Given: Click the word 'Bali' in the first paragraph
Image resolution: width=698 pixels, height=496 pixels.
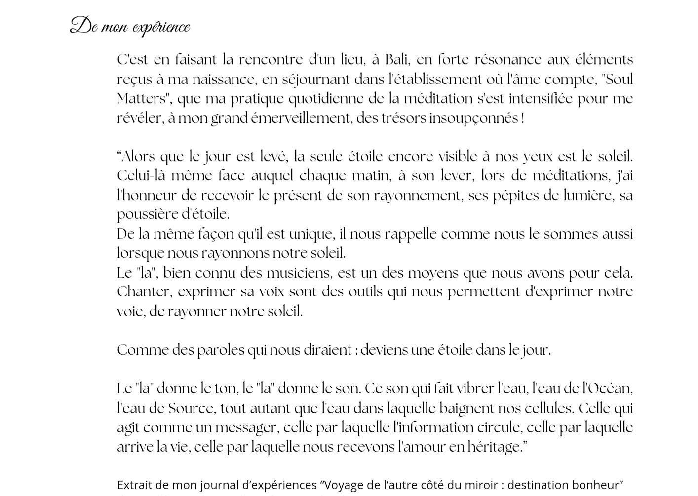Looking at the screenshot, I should click(396, 60).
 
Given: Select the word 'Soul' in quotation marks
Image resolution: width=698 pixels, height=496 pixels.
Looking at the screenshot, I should click(619, 80).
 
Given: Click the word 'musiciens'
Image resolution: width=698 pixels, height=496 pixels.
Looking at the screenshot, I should click(299, 273).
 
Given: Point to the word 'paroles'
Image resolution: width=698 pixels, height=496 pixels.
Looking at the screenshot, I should click(221, 350).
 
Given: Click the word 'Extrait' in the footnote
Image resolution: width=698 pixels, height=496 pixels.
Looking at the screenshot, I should click(134, 485).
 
